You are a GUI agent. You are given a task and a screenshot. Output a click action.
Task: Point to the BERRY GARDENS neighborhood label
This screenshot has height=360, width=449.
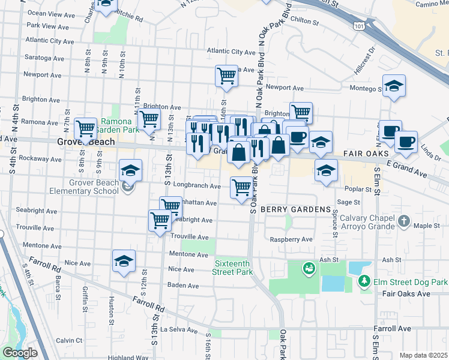297,209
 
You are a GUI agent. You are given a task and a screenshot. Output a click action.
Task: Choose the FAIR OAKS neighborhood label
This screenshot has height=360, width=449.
367,154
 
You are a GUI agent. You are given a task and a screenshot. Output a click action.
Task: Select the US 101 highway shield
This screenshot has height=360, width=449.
359,26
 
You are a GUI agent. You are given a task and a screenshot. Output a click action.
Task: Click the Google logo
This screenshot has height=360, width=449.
19,353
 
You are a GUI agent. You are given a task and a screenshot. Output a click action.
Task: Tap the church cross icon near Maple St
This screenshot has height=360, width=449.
404,221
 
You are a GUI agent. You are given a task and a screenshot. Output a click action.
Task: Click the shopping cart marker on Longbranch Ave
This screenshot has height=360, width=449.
241,188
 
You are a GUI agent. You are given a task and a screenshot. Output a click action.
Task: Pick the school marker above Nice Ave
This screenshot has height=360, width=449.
124,261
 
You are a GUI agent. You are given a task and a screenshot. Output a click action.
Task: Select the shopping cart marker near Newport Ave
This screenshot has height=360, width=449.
226,76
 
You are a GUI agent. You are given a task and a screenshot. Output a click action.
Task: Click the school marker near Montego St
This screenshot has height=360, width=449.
394,86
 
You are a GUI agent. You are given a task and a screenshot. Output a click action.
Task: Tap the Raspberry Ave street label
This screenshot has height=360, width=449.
292,239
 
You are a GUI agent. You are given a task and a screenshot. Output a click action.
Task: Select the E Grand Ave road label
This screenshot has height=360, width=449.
406,169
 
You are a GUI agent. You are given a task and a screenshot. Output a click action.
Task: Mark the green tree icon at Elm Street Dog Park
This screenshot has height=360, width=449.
363,281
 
